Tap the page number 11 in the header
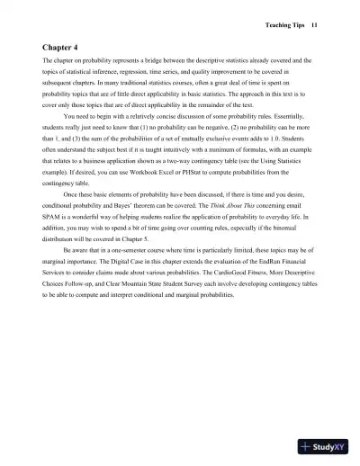(314, 25)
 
